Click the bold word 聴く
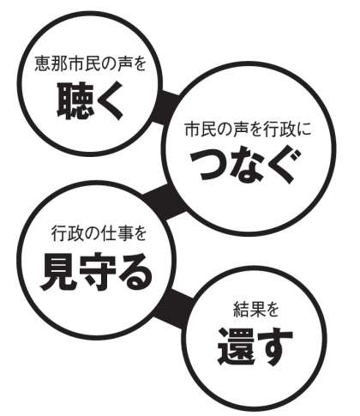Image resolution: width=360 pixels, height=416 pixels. tap(90, 101)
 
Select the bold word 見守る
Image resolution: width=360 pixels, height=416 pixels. tap(96, 272)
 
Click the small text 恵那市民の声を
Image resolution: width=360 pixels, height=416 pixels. tap(91, 63)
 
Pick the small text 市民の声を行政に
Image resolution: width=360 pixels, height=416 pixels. tap(247, 130)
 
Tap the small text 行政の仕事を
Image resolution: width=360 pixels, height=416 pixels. tap(99, 234)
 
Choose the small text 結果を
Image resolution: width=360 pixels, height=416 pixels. tap(255, 310)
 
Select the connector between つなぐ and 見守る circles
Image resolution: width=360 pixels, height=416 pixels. tap(165, 201)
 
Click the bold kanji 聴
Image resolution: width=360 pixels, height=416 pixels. tap(75, 99)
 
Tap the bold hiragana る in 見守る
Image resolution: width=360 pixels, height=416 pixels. tap(135, 272)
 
